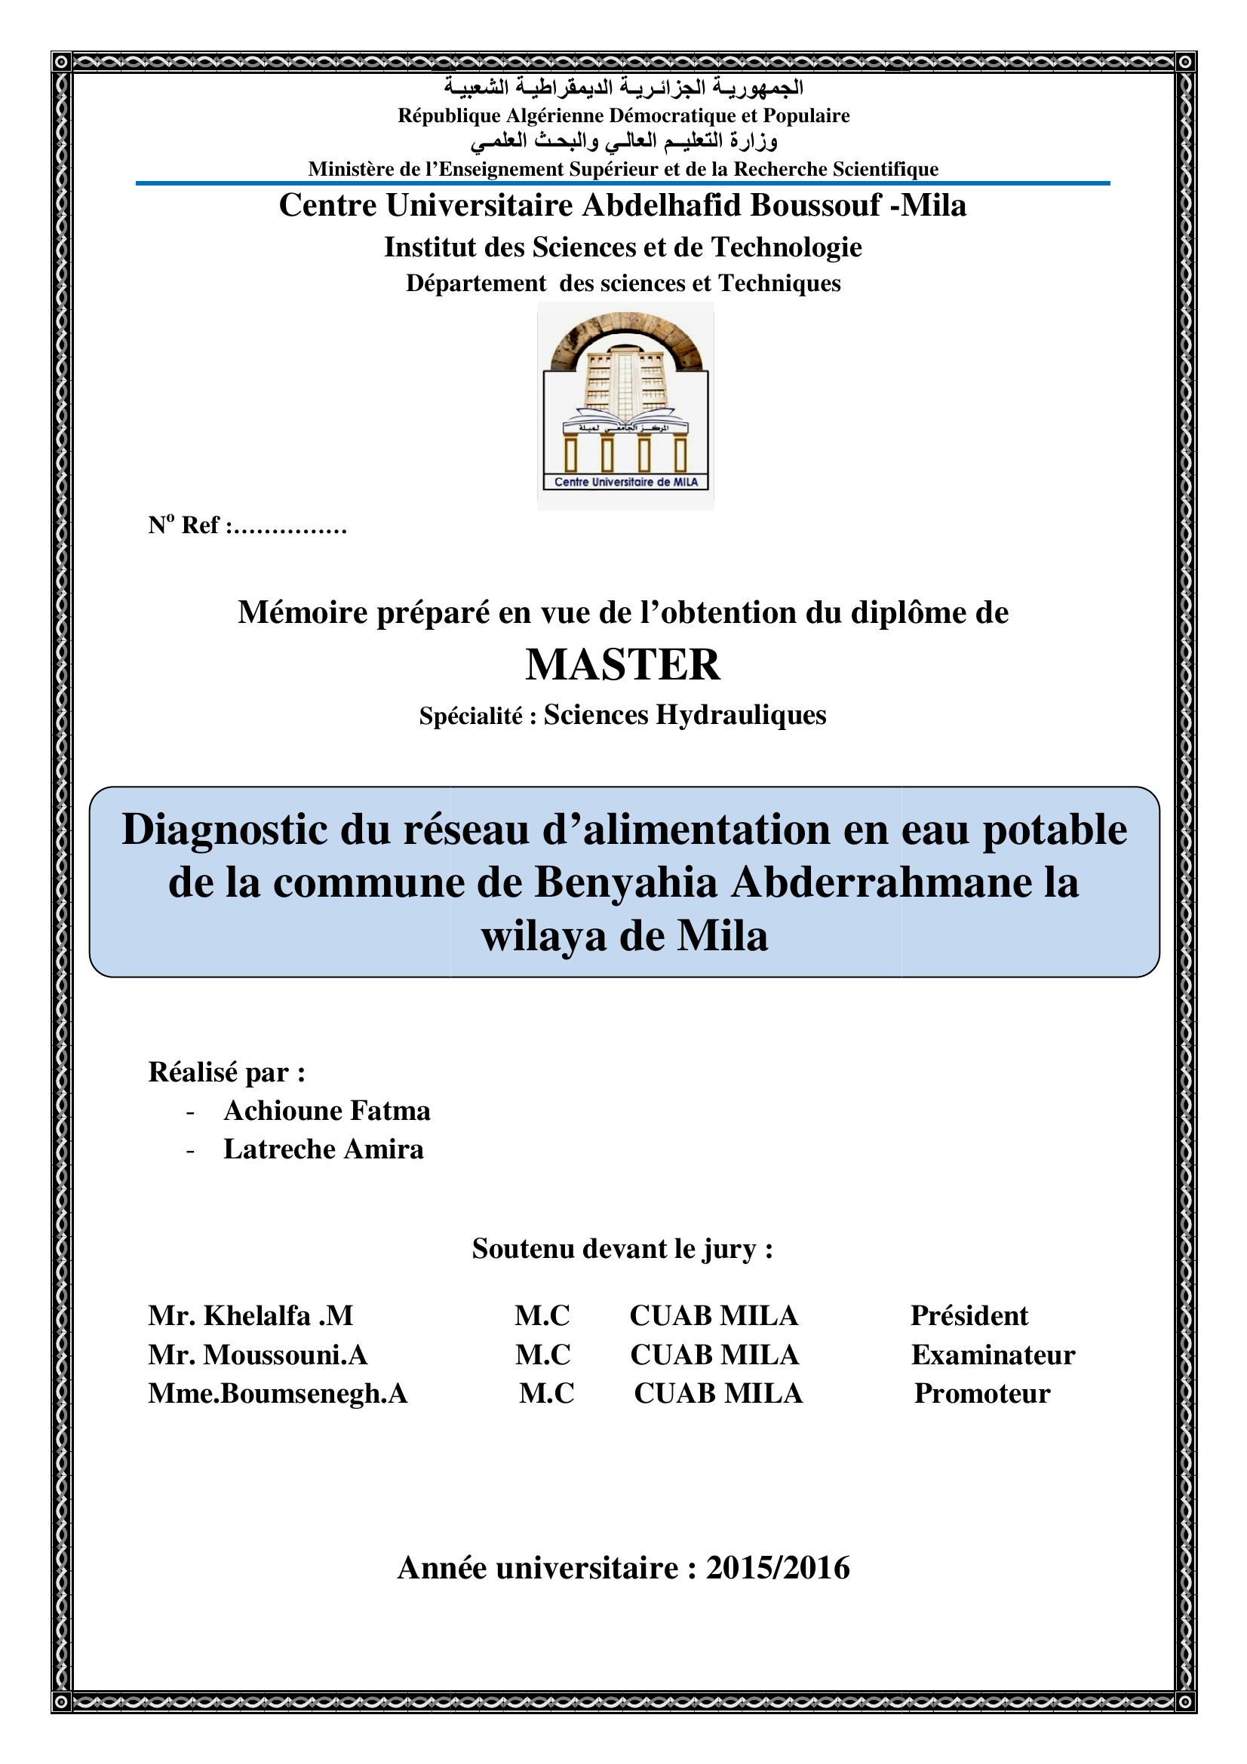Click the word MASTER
[x=622, y=664]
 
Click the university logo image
[x=625, y=406]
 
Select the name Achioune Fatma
[x=327, y=1111]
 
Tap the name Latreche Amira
[x=324, y=1149]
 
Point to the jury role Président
[x=969, y=1316]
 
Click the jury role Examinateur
[x=993, y=1355]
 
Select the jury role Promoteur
[x=982, y=1394]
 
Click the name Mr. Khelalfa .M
[x=250, y=1316]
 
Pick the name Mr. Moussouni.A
[x=257, y=1355]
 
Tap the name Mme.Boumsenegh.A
[x=278, y=1394]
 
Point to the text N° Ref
[x=184, y=526]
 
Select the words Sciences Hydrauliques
[x=684, y=715]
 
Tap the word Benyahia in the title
[x=625, y=883]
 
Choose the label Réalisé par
[x=226, y=1072]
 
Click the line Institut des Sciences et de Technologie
[x=622, y=247]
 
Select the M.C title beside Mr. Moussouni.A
[x=542, y=1355]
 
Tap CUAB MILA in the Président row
[x=714, y=1316]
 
